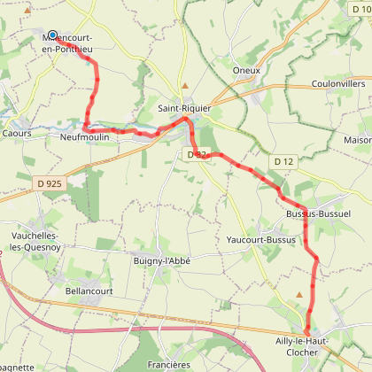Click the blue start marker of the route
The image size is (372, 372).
pos(52,35)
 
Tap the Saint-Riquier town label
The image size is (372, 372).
pos(182,108)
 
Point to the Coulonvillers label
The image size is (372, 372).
pos(338,84)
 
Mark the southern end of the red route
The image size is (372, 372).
pos(307,332)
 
